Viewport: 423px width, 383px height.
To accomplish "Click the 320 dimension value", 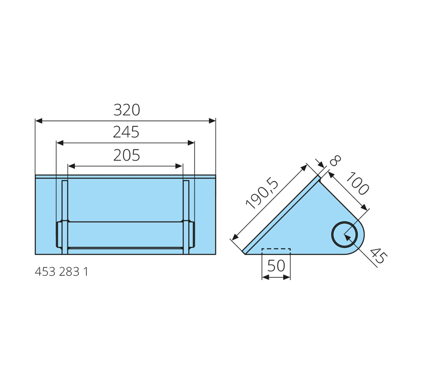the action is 126,110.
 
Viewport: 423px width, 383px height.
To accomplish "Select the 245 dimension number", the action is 126,132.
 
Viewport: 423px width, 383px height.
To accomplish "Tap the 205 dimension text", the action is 126,155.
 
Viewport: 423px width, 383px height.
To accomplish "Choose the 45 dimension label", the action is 378,256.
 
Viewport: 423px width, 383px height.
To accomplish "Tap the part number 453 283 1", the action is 61,272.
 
